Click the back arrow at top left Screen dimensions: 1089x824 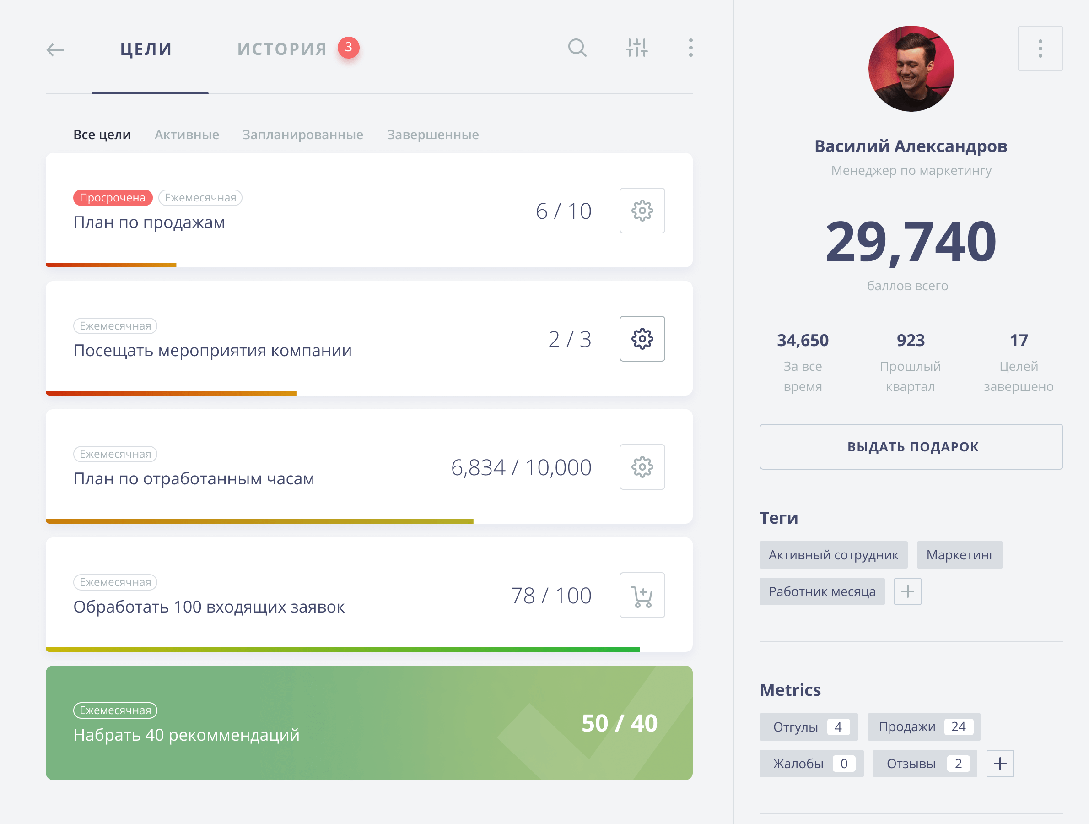[x=55, y=49]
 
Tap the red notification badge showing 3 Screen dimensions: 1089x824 [x=349, y=47]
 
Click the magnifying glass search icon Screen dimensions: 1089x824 [x=577, y=48]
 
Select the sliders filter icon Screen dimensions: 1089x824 [x=637, y=48]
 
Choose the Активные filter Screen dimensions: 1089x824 [x=187, y=135]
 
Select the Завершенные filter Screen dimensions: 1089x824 [x=433, y=135]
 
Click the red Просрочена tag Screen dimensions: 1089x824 [x=113, y=197]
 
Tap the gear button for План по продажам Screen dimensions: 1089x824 [x=642, y=210]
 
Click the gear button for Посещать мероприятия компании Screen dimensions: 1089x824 [x=642, y=339]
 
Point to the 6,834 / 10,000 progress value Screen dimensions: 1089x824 [x=521, y=467]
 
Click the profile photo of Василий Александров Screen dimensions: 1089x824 [x=911, y=69]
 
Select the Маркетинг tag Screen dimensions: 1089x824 [x=960, y=555]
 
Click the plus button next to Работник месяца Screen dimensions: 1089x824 [x=908, y=591]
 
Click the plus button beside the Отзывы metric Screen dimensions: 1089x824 [x=1000, y=764]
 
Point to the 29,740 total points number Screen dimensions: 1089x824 [x=911, y=241]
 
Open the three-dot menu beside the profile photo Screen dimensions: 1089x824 [x=1040, y=48]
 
